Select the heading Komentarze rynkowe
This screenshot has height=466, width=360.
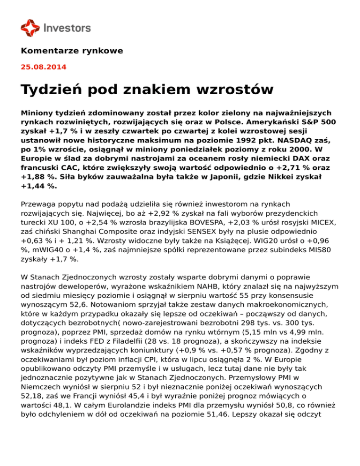(72, 50)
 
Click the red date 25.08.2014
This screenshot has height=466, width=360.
(44, 67)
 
